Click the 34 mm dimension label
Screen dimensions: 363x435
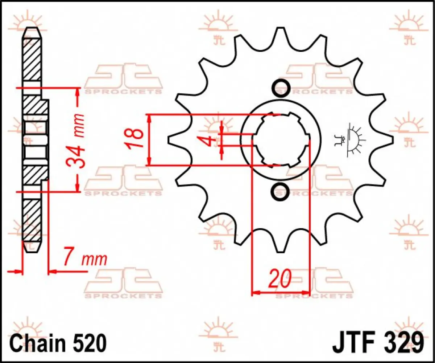coord(77,141)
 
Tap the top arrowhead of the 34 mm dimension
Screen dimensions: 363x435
coord(77,91)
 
